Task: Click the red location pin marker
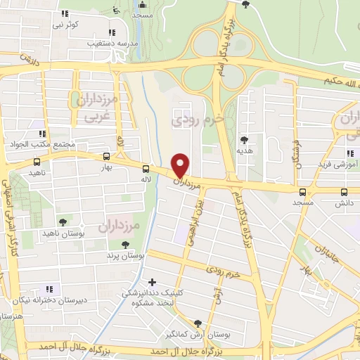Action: point(181,165)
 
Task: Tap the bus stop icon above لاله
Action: point(146,169)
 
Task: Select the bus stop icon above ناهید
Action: point(37,162)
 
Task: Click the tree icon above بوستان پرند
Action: point(125,245)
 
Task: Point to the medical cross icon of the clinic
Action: point(153,282)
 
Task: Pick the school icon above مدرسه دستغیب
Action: point(112,32)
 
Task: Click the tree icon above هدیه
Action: point(244,139)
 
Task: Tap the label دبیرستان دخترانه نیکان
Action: point(47,300)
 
